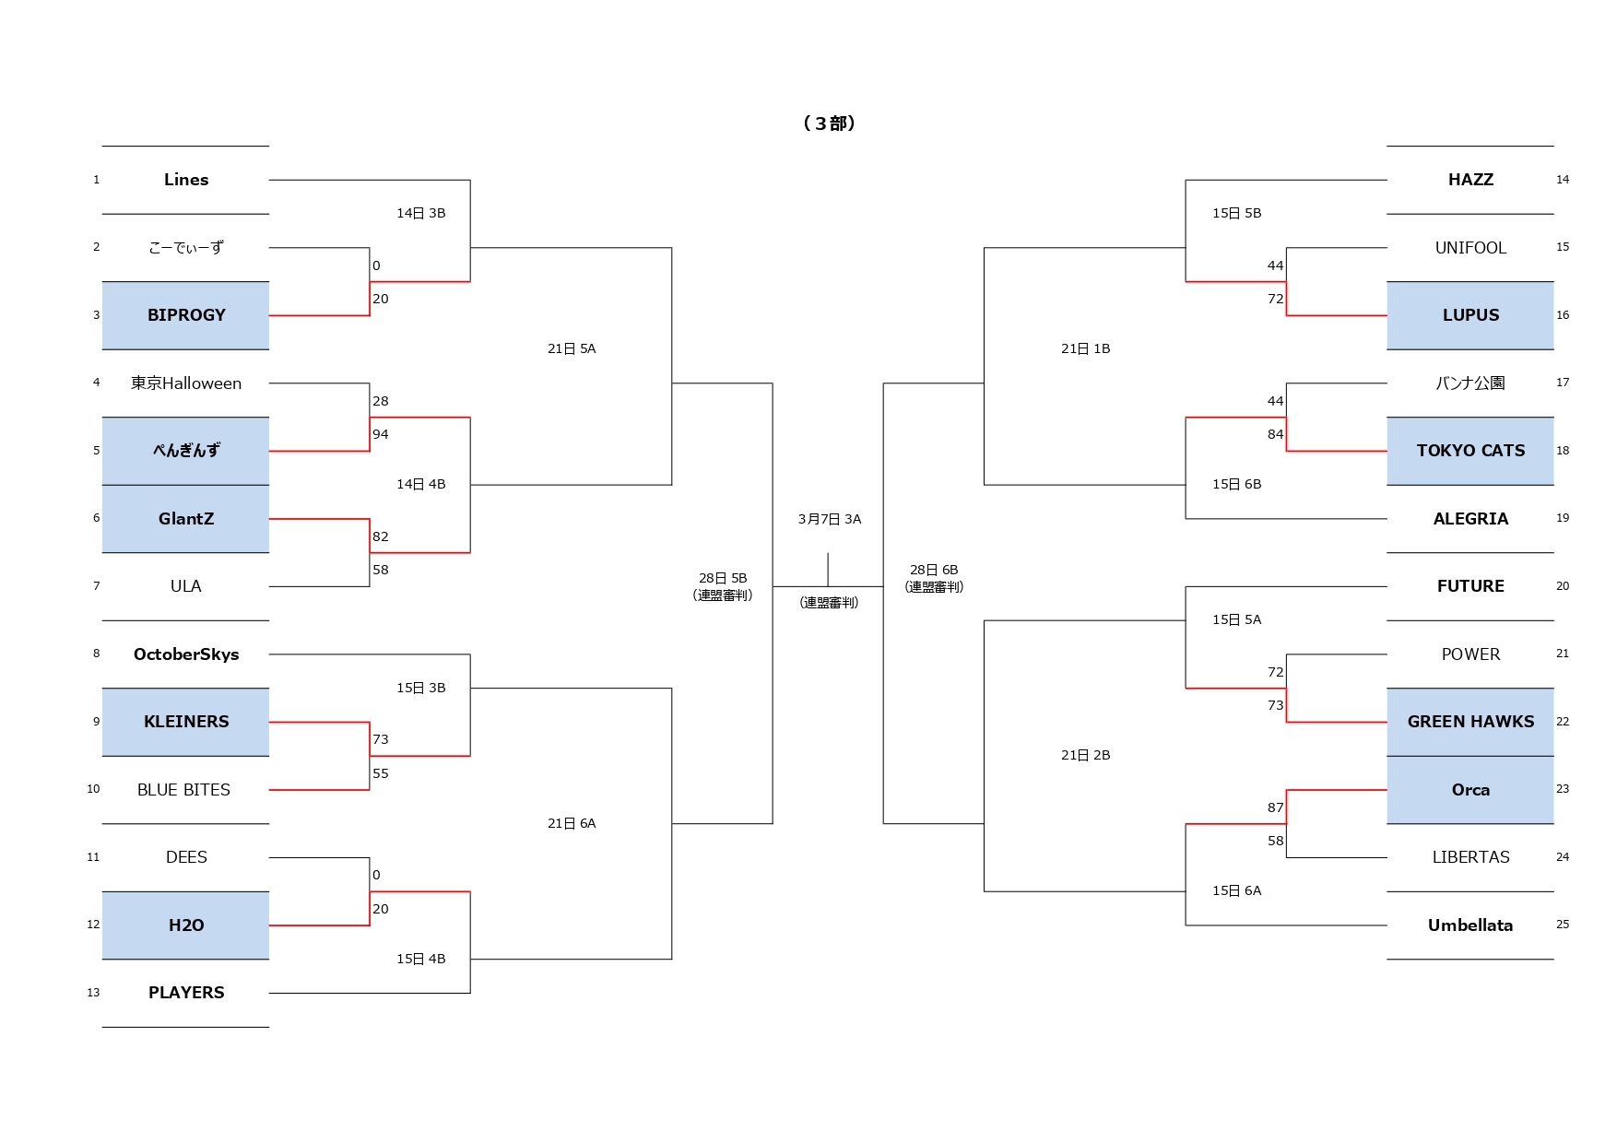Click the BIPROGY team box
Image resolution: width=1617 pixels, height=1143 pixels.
[x=185, y=315]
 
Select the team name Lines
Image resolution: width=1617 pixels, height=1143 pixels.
[x=186, y=180]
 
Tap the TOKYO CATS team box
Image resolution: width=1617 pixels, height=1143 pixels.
[x=1469, y=451]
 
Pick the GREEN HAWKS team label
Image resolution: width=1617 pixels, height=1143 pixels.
[x=1469, y=722]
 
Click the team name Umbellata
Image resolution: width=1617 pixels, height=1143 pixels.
[x=1469, y=925]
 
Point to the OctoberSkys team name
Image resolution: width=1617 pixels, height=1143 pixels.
[x=186, y=654]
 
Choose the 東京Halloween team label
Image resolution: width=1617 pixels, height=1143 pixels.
[x=186, y=383]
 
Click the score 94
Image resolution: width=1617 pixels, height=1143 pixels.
[x=381, y=434]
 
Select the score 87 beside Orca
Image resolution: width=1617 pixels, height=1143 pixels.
[x=1275, y=807]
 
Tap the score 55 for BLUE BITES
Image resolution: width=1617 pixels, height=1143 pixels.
[x=381, y=773]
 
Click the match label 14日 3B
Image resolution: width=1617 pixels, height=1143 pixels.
[x=420, y=213]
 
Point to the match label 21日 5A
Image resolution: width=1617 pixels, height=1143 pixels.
[x=572, y=348]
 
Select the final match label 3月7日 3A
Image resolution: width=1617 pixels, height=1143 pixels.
[x=829, y=519]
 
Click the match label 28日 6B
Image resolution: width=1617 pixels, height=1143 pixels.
[x=934, y=570]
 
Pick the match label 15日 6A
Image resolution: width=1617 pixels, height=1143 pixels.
[x=1236, y=890]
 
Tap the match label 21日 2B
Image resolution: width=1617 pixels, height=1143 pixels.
[x=1085, y=755]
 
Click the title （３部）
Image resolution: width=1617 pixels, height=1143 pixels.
[x=829, y=124]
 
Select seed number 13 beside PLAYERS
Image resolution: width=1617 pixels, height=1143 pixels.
[x=93, y=993]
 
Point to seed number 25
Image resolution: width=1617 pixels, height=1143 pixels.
[x=1562, y=925]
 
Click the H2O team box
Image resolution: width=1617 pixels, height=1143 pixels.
[x=185, y=925]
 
